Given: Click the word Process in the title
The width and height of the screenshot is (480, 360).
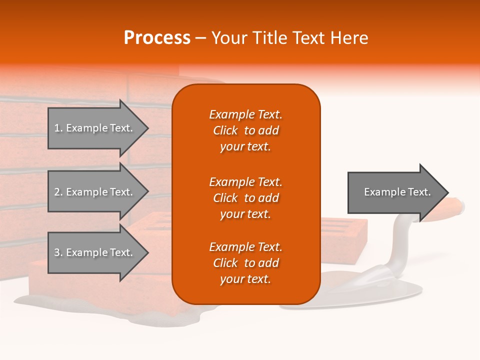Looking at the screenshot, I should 157,37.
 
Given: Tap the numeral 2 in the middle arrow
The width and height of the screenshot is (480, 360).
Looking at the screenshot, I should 57,192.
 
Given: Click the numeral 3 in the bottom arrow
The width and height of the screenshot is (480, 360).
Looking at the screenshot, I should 57,252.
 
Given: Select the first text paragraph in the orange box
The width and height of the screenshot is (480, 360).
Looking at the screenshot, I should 245,130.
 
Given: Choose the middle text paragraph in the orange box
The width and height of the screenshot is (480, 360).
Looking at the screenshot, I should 245,198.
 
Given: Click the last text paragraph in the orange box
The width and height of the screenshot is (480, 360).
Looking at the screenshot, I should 245,263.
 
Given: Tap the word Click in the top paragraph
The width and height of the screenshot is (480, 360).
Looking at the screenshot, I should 225,130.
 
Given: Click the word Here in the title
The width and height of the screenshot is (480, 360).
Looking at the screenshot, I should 349,37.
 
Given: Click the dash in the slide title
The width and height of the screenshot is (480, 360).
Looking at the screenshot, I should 200,37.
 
